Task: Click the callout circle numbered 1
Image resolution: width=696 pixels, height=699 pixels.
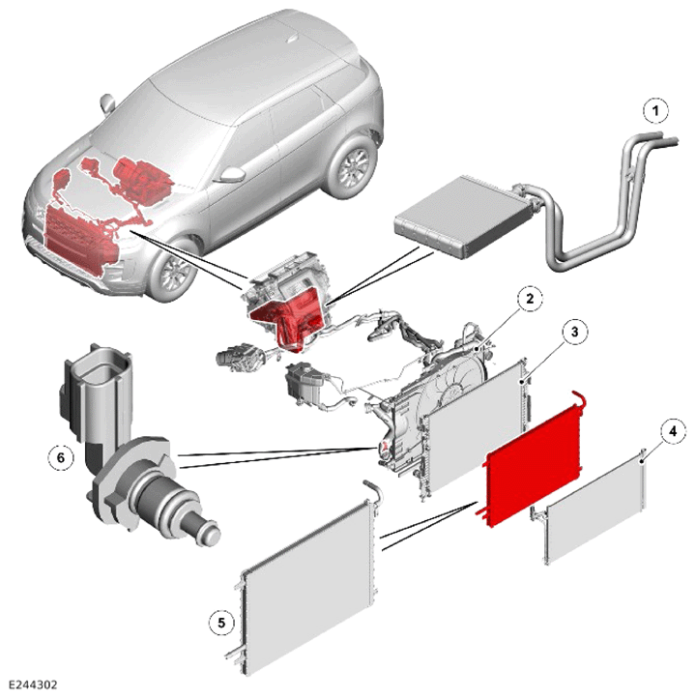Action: (655, 110)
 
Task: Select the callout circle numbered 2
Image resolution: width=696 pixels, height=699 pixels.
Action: (530, 298)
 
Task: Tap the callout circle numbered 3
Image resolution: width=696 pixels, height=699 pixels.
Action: (574, 333)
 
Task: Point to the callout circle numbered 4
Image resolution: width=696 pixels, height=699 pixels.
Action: (673, 431)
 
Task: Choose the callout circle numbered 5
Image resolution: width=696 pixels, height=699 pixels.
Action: (221, 623)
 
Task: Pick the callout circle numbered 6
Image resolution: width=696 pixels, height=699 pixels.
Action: (61, 457)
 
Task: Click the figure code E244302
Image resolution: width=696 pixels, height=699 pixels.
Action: (32, 684)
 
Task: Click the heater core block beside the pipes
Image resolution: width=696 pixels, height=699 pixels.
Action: (457, 217)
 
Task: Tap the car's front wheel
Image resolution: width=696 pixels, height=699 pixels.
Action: (175, 270)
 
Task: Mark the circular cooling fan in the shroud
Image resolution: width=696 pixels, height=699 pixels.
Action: (451, 393)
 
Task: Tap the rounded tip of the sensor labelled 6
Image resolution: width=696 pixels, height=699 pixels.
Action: (211, 535)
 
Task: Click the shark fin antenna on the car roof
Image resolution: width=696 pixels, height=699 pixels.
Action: (293, 38)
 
